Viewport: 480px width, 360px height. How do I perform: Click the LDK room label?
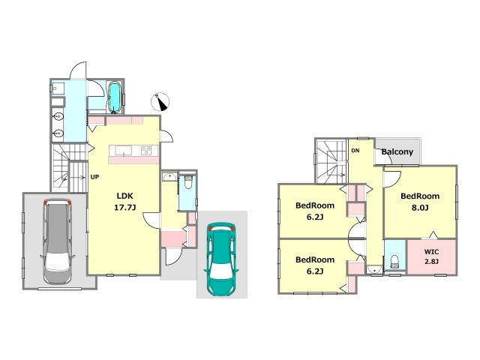125,196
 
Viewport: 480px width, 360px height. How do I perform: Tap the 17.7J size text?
125,208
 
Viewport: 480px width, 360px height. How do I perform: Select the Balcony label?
397,151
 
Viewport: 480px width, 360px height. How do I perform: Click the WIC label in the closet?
432,252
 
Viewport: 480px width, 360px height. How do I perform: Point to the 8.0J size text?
420,208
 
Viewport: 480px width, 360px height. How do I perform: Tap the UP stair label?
94,177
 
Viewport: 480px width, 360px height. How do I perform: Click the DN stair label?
355,151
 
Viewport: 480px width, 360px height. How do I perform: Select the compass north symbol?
160,102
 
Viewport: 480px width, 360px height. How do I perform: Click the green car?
222,259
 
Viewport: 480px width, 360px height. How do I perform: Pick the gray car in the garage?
58,241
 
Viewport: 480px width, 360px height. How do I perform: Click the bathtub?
115,97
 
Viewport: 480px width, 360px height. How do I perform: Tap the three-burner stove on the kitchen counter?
146,151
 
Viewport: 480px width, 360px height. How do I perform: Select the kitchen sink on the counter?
123,151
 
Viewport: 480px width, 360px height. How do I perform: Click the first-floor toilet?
188,182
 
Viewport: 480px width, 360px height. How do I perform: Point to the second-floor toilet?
395,262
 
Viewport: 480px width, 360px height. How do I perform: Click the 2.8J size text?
432,262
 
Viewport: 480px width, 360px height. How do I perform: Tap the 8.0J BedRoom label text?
420,196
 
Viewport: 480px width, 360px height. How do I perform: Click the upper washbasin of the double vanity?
58,116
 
